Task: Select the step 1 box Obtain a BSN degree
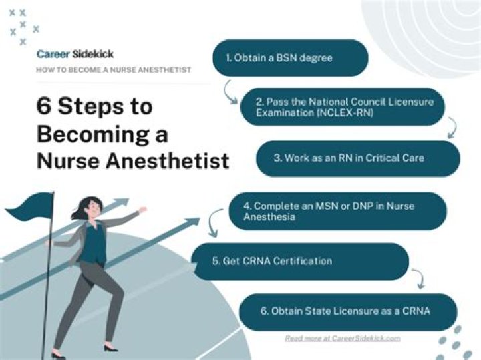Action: [x=291, y=58]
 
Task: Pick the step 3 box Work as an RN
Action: [x=358, y=158]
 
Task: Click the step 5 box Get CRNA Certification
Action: [x=300, y=261]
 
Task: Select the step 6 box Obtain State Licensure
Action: [x=348, y=311]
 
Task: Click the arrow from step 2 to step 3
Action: [x=452, y=128]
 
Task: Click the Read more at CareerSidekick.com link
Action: [x=343, y=338]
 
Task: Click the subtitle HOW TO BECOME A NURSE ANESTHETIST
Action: [x=114, y=70]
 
